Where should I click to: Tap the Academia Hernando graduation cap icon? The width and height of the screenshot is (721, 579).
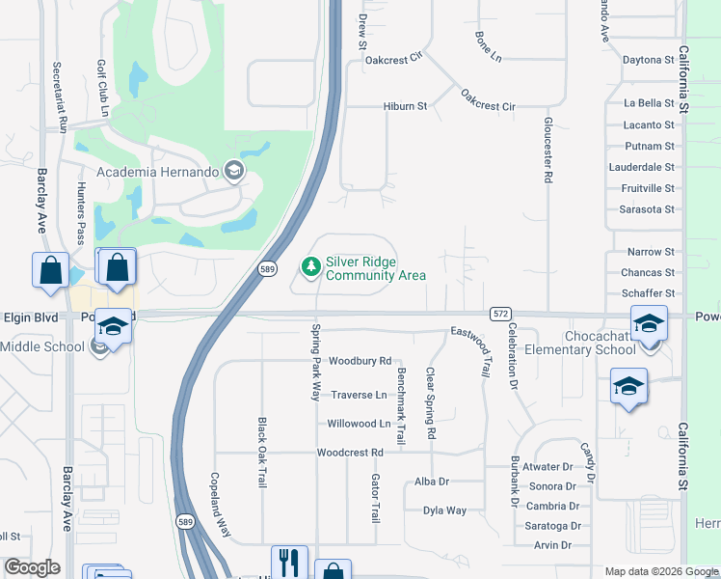tap(232, 171)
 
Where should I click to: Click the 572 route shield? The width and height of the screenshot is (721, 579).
tap(499, 314)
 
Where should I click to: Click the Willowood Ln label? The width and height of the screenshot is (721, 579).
tap(359, 424)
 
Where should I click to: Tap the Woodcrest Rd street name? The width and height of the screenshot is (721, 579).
tap(350, 452)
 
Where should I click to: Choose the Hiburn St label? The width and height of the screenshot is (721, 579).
tap(405, 106)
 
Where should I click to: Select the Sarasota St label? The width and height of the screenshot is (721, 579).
tap(648, 209)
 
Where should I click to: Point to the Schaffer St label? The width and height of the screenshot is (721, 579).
tap(648, 293)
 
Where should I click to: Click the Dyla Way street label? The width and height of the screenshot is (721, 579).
tap(444, 510)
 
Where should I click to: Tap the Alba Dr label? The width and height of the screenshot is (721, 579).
tap(431, 482)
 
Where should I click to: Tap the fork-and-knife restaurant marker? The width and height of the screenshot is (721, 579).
tap(289, 563)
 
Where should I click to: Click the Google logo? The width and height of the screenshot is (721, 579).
tap(32, 567)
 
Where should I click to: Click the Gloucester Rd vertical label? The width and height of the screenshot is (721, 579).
tap(547, 150)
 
